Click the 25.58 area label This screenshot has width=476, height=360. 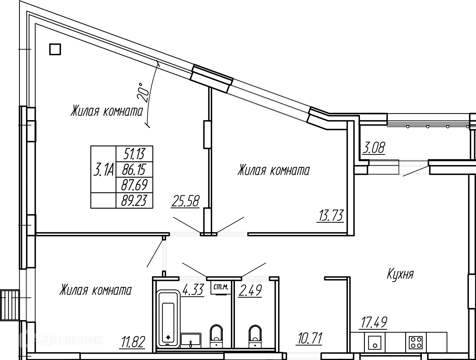(185, 201)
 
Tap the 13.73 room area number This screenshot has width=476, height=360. (331, 216)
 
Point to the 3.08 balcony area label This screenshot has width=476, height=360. (374, 148)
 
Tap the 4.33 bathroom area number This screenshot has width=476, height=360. (193, 290)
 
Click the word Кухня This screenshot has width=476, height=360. (400, 274)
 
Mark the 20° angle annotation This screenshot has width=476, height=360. (143, 92)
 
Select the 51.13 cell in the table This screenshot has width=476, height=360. (134, 154)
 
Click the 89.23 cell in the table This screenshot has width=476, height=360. (134, 200)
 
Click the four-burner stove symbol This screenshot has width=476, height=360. (416, 342)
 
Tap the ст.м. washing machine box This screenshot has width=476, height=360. (221, 287)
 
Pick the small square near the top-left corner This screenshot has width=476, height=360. (55, 49)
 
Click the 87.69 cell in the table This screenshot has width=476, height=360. (134, 185)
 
